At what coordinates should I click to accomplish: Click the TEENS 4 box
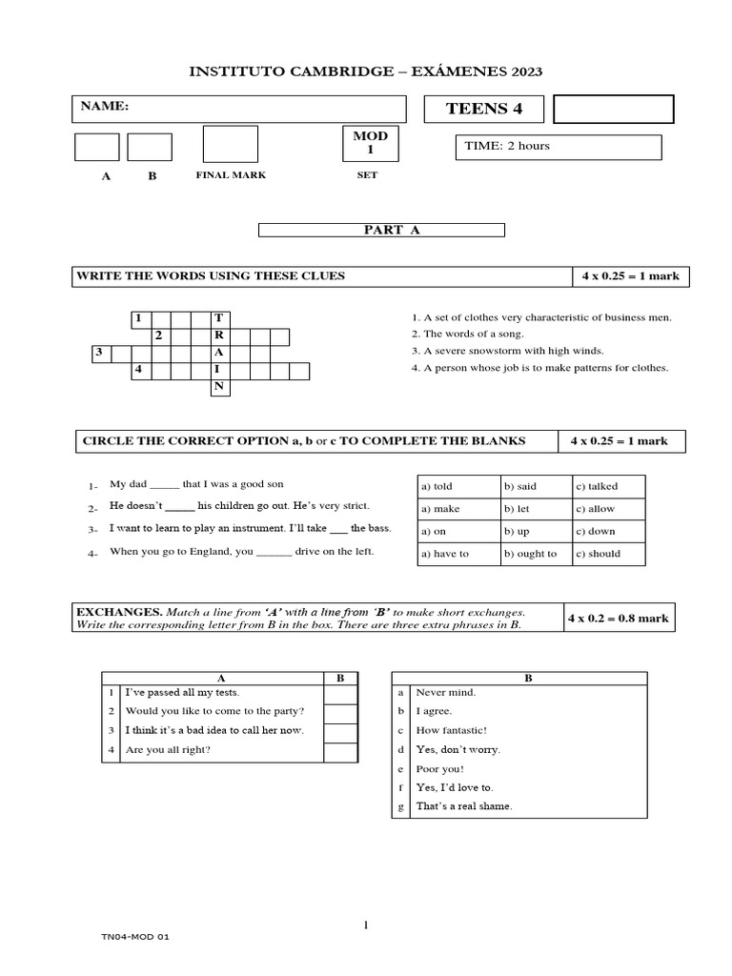click(484, 109)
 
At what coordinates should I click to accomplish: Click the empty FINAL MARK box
click(230, 144)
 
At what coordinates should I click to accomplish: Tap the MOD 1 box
click(371, 144)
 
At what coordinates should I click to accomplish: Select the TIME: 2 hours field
click(559, 147)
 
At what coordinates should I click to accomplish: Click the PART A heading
click(381, 230)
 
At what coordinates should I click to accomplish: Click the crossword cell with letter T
click(219, 317)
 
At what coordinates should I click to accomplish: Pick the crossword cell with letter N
click(219, 386)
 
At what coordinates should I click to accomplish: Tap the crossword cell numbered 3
click(99, 353)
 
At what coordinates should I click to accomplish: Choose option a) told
click(457, 486)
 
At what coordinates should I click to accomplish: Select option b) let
click(536, 509)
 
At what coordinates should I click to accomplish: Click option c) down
click(608, 531)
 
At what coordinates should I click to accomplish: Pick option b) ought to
click(536, 554)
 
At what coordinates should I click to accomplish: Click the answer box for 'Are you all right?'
click(338, 750)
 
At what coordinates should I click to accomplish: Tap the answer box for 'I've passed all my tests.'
click(338, 693)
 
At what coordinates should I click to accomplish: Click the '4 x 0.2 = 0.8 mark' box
click(619, 618)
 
